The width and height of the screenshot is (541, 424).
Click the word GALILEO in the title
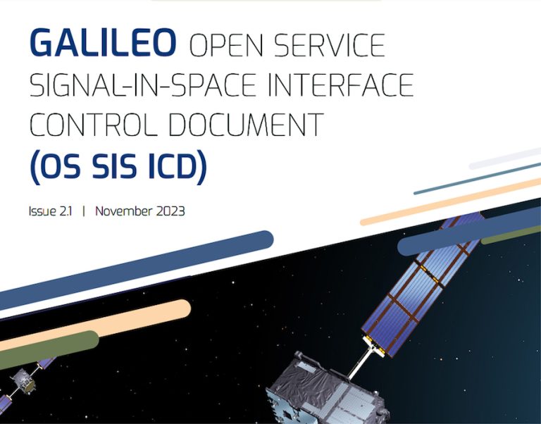104,44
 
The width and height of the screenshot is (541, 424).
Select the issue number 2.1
68,211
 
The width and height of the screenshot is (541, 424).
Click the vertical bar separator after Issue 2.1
83,211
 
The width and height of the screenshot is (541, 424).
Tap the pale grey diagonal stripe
504,159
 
